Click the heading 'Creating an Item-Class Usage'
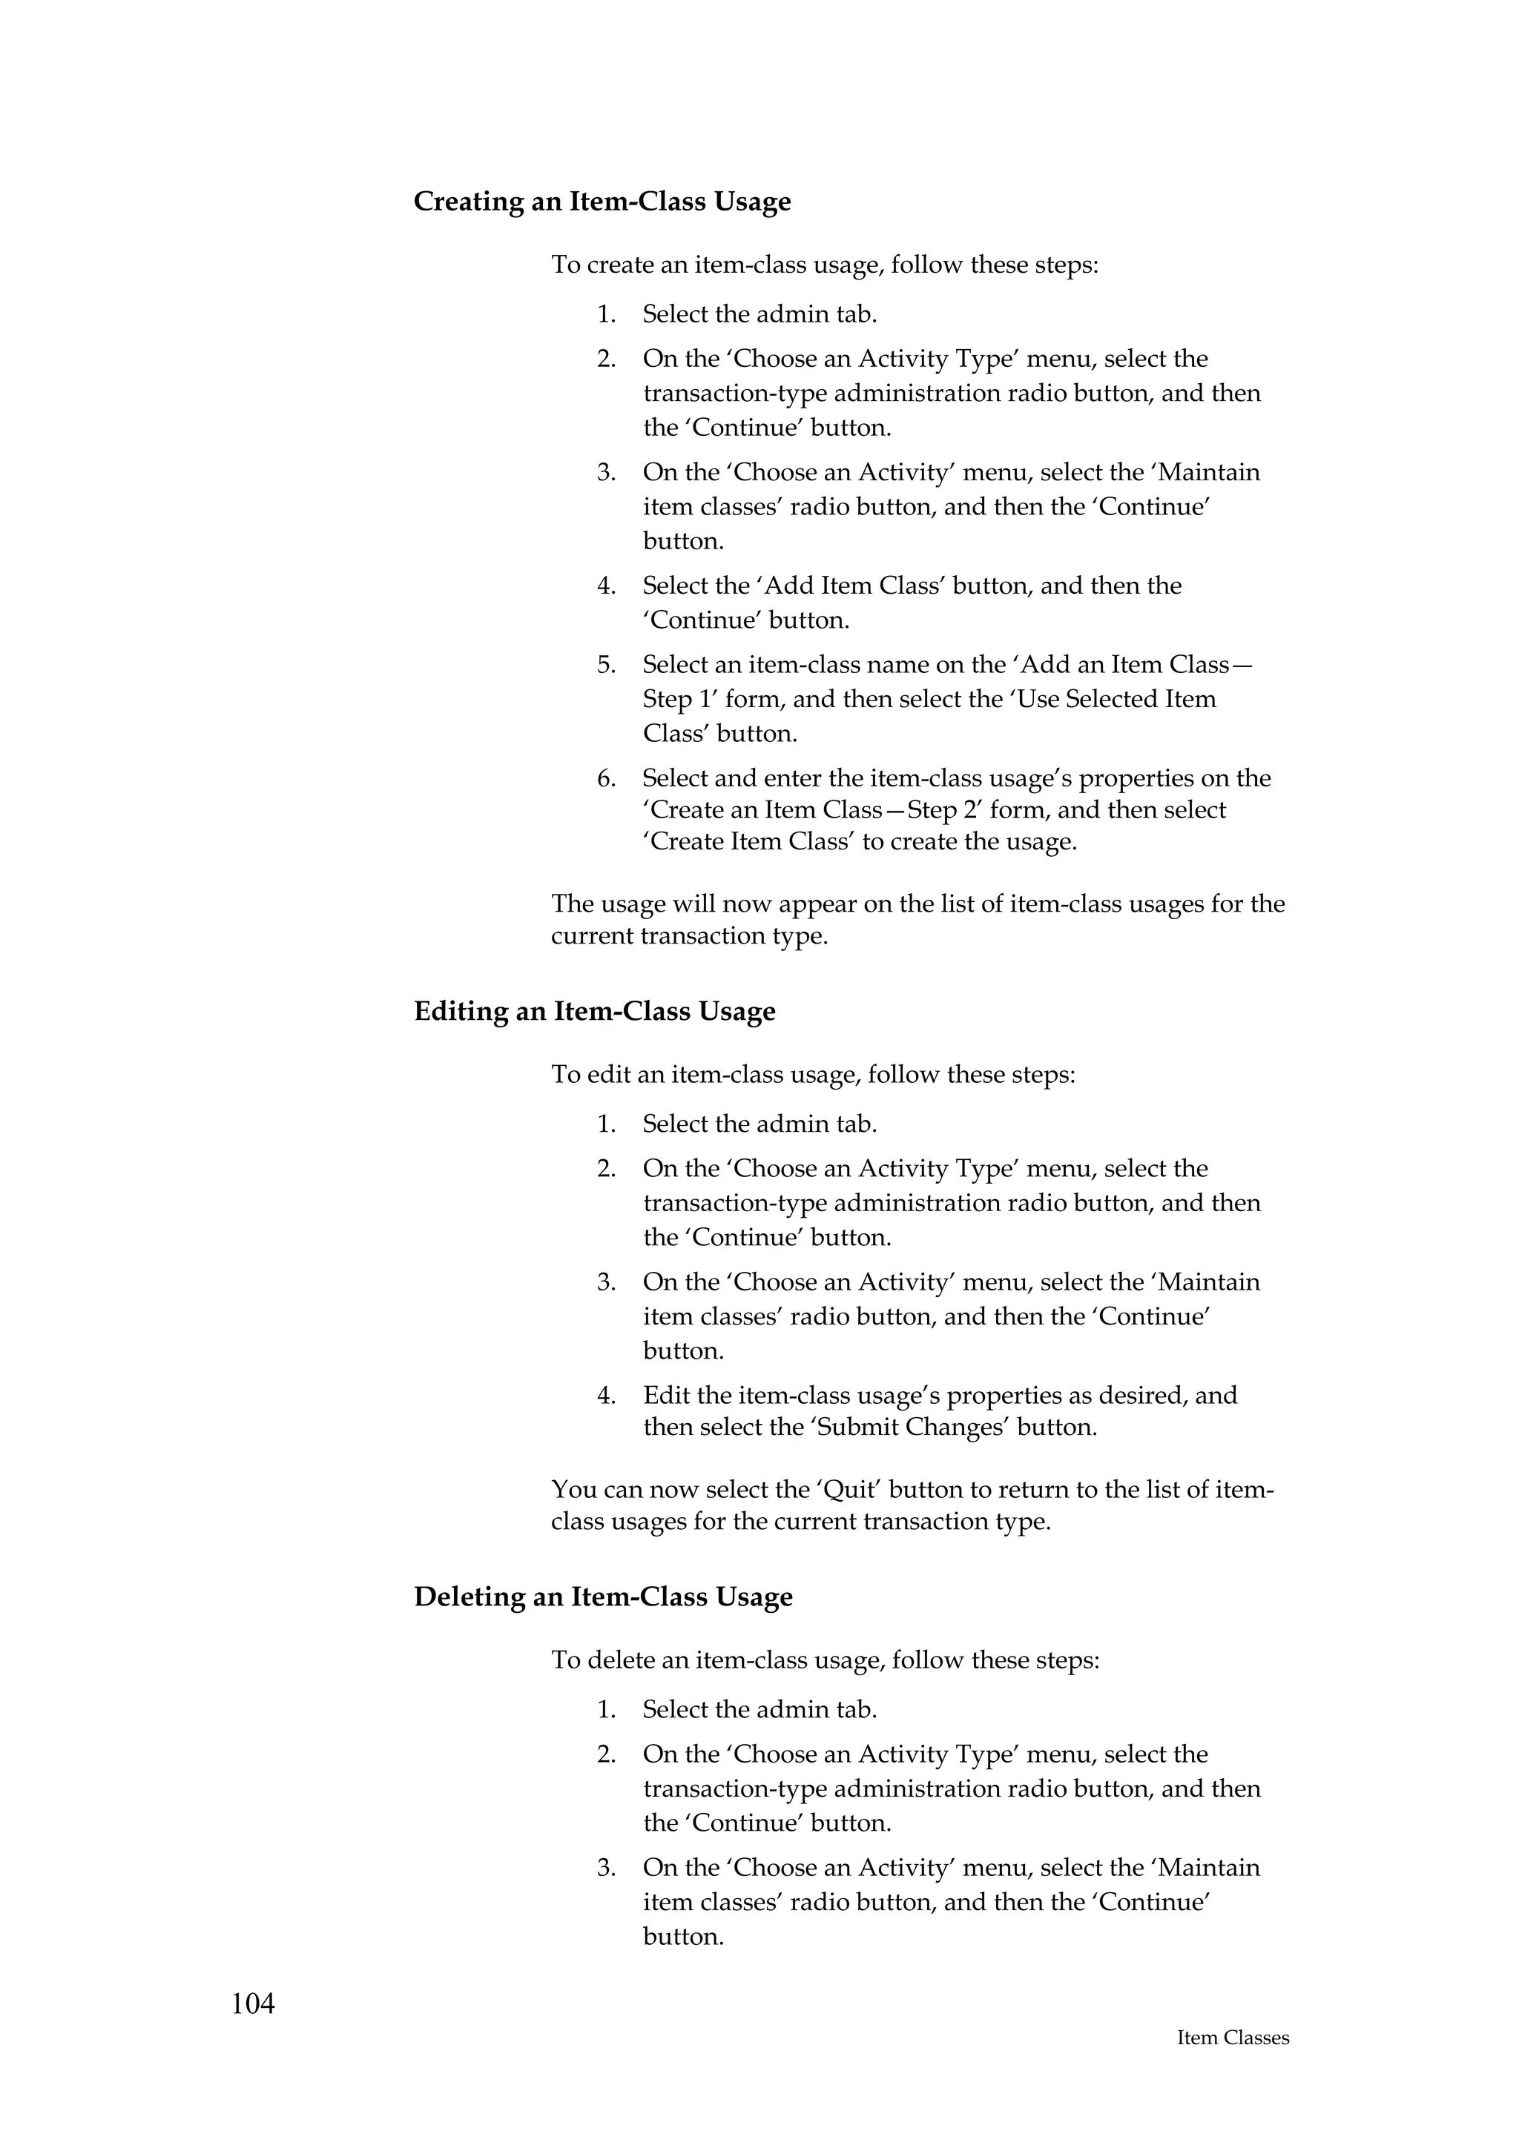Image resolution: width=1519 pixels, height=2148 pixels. pyautogui.click(x=602, y=202)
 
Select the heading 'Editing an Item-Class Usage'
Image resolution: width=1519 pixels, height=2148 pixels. pyautogui.click(x=594, y=1012)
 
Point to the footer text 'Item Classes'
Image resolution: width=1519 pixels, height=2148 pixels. pyautogui.click(x=1233, y=2065)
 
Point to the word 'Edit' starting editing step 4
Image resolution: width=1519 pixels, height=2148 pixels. pyautogui.click(x=662, y=1396)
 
